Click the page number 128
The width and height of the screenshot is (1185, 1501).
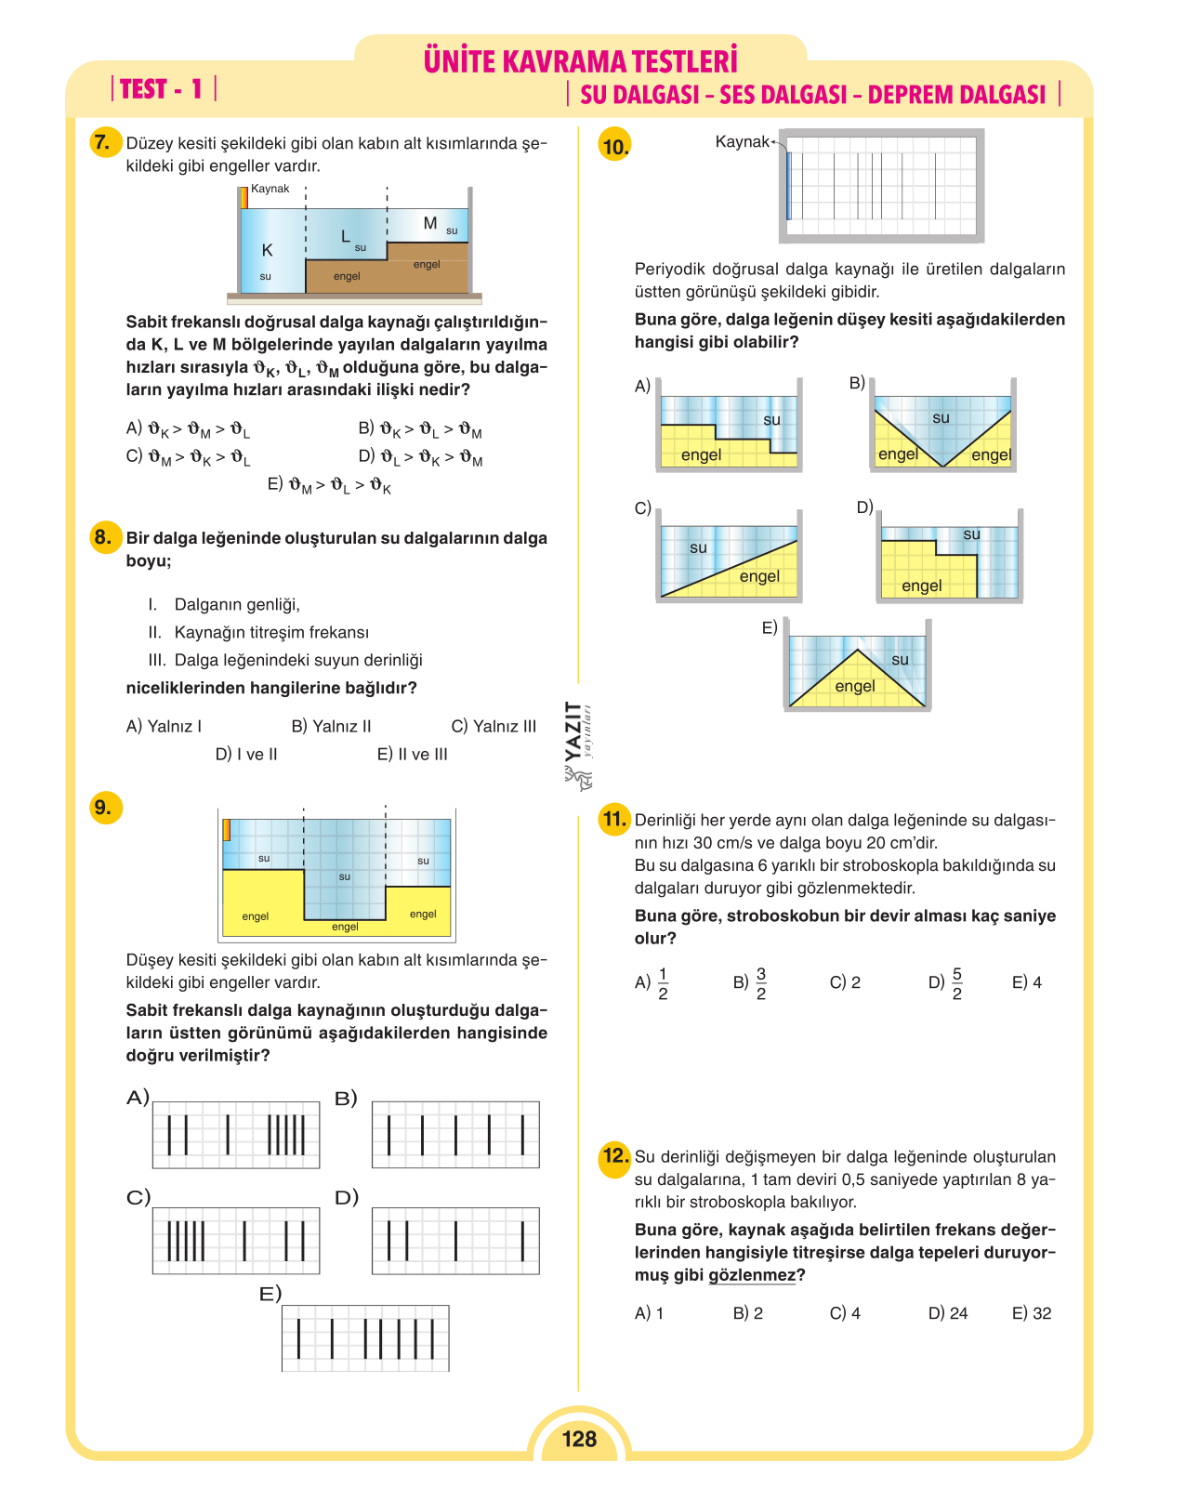579,1438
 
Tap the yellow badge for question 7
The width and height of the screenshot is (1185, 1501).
105,142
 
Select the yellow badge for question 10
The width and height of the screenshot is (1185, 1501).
614,144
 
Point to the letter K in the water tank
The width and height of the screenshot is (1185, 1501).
267,250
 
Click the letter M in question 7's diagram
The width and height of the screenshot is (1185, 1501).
429,222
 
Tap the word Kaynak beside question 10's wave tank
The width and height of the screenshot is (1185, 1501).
742,141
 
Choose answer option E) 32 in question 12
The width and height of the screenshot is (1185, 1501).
1031,1312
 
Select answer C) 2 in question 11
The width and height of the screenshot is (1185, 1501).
845,982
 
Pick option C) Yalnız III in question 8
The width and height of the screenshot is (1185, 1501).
494,726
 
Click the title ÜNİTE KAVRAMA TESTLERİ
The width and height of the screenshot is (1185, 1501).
580,60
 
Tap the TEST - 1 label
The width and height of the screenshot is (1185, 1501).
161,88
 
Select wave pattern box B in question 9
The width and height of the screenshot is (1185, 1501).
455,1134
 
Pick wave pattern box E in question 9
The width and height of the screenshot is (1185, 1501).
365,1337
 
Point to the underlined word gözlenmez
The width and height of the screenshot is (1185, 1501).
752,1275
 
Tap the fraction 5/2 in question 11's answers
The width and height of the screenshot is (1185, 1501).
957,982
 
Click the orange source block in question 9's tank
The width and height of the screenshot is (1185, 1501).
227,830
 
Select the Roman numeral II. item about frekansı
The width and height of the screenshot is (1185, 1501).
258,632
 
